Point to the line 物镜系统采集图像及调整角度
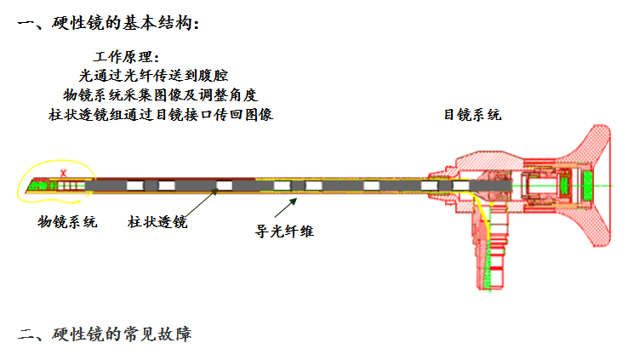point(161,94)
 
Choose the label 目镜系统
point(472,114)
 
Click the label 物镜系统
point(67,222)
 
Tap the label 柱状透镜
point(157,222)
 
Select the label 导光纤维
point(286,230)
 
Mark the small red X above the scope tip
point(64,174)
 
